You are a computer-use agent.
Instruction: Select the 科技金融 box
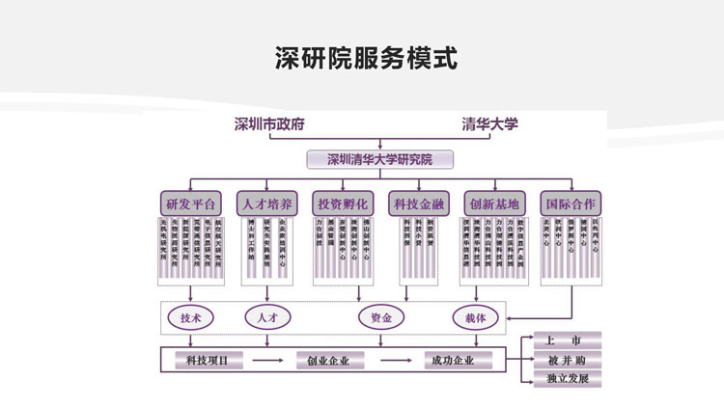[418, 203]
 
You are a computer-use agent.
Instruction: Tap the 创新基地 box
[493, 203]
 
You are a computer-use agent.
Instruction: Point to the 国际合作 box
[571, 203]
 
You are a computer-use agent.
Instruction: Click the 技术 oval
[191, 317]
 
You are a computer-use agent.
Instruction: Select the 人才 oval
[267, 317]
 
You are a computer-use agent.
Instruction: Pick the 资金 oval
[380, 317]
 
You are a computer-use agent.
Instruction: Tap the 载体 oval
[474, 317]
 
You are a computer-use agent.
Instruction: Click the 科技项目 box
[208, 361]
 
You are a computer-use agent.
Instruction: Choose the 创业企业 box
[328, 361]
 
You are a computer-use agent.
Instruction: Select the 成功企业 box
[450, 361]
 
